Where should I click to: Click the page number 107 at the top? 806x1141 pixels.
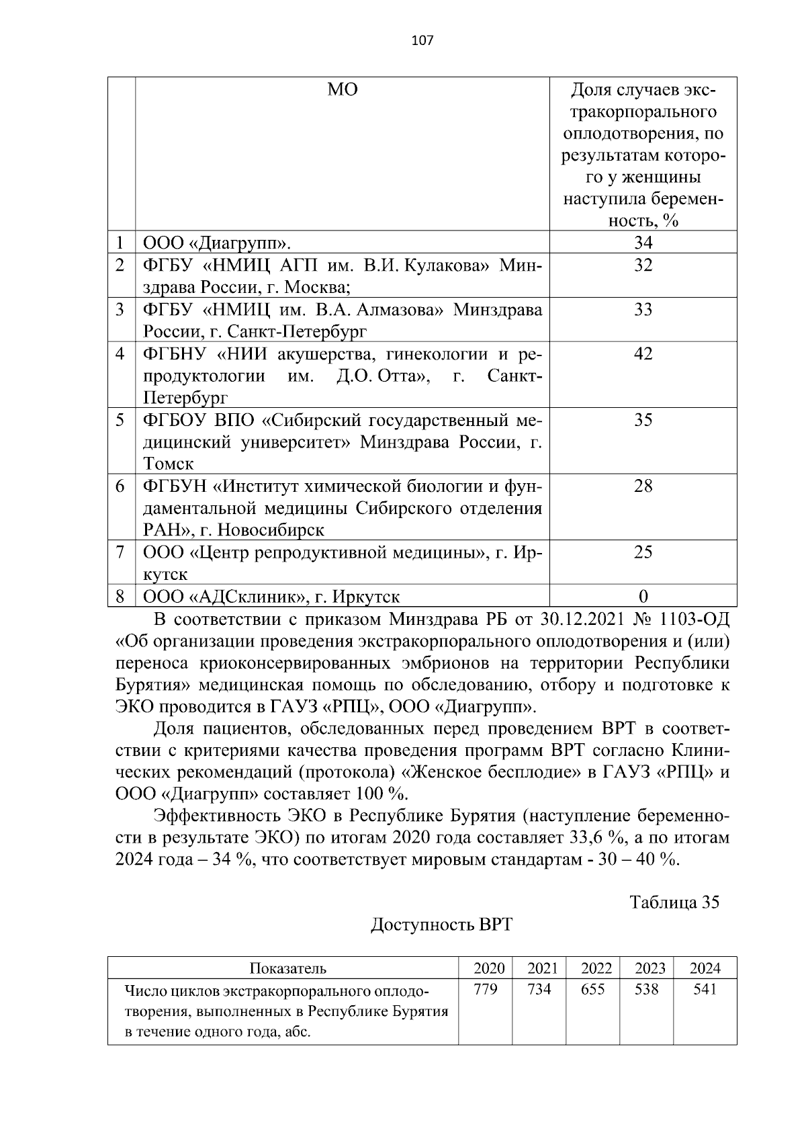tap(422, 40)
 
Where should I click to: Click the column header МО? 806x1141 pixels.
tap(343, 89)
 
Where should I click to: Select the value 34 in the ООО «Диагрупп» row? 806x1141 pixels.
tap(643, 243)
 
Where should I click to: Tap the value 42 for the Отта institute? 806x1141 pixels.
tap(643, 353)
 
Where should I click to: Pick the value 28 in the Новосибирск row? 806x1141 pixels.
tap(643, 486)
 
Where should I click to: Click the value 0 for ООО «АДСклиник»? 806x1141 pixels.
tap(643, 597)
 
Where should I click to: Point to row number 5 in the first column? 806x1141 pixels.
tap(120, 420)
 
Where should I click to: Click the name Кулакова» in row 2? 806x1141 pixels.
tap(448, 265)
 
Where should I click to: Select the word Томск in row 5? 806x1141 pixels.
tap(168, 464)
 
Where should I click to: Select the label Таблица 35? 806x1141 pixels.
tap(674, 902)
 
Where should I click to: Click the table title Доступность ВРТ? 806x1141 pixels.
tap(441, 925)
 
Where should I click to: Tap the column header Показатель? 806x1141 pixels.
tap(287, 968)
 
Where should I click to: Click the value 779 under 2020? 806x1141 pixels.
tap(486, 990)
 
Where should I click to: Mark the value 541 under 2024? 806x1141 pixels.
tap(705, 990)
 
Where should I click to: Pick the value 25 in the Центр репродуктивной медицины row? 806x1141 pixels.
tap(643, 552)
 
